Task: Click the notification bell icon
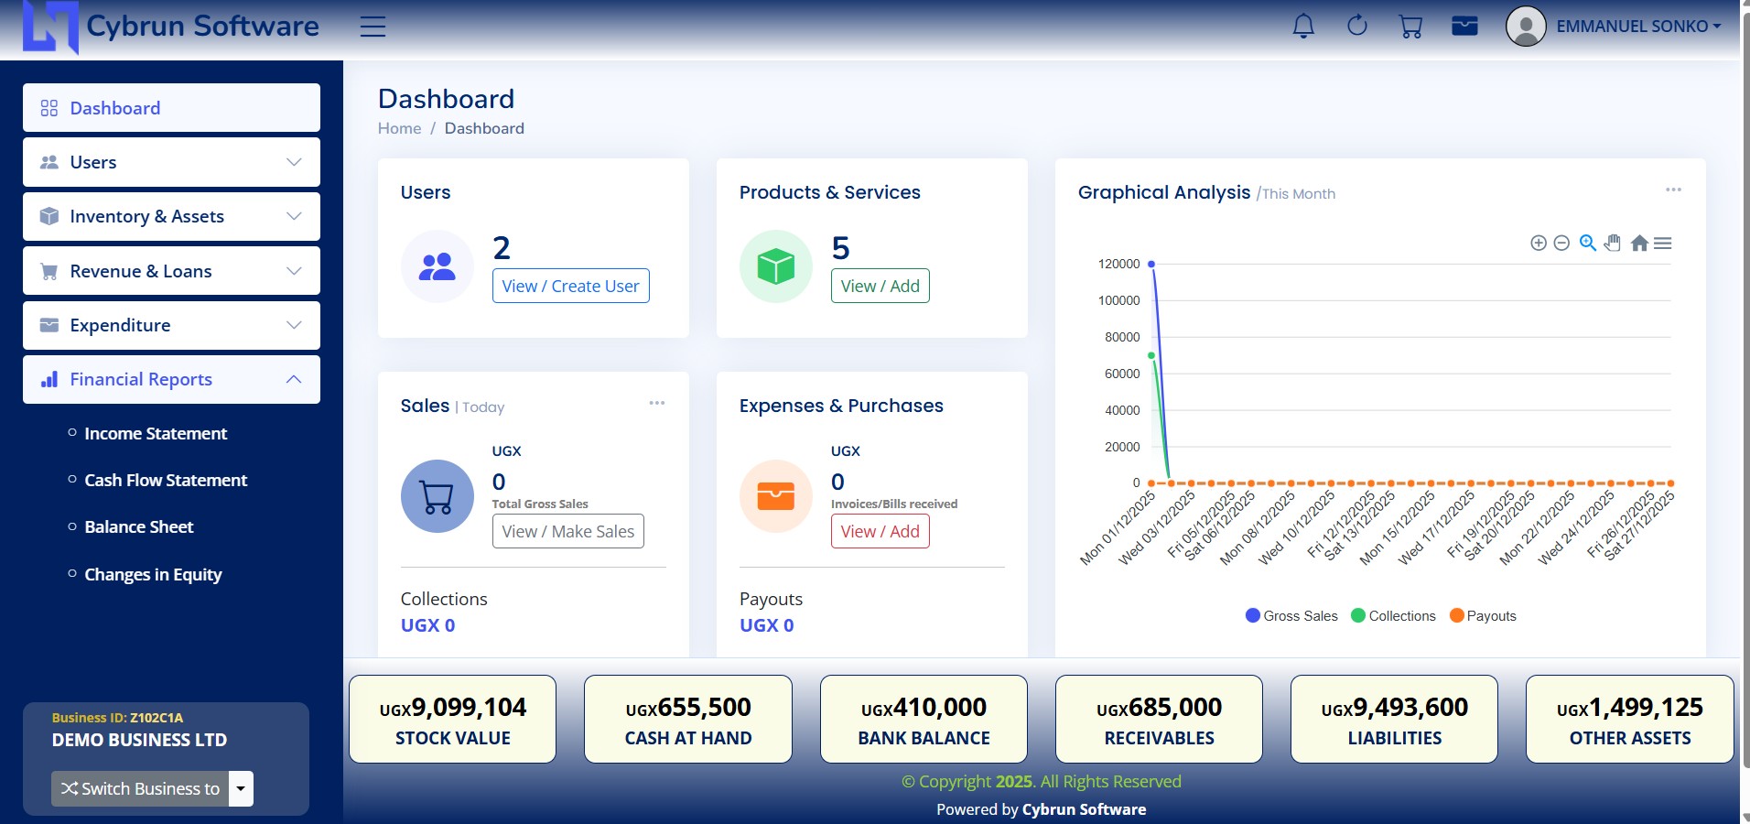[x=1303, y=27]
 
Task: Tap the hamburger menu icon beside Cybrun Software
[x=373, y=27]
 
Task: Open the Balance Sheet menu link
[x=138, y=526]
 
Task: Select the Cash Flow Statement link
[x=166, y=480]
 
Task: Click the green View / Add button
[x=880, y=286]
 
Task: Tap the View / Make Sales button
[x=567, y=531]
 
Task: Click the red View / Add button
[x=880, y=531]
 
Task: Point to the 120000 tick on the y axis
[x=1118, y=264]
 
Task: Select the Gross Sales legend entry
[x=1291, y=615]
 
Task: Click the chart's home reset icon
[x=1639, y=243]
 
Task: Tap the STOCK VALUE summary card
[x=452, y=720]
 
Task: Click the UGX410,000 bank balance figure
[x=924, y=708]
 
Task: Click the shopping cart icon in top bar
[x=1410, y=27]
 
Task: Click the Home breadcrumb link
[x=399, y=128]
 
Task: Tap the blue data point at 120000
[x=1151, y=264]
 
